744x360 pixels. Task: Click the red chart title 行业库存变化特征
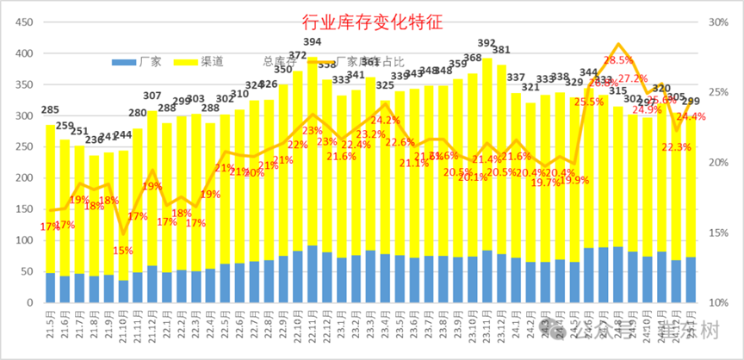[371, 22]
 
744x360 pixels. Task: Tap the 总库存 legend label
[278, 62]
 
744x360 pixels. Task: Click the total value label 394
[313, 42]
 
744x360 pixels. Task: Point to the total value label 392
[487, 43]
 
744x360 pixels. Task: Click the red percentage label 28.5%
[618, 60]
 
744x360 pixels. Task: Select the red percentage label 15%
[123, 251]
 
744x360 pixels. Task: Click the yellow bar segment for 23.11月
[487, 155]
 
